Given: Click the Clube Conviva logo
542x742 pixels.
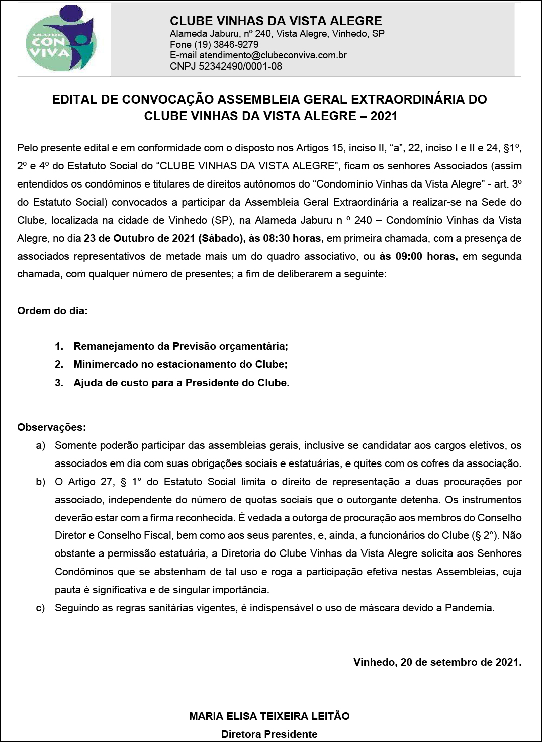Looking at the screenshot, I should pos(61,39).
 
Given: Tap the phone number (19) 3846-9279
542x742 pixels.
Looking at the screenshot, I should pos(226,44).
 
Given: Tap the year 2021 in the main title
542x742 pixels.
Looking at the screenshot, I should pos(384,116).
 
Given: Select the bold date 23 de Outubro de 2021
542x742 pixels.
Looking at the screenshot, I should pos(140,238).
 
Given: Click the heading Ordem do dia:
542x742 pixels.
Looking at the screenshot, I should pos(52,311).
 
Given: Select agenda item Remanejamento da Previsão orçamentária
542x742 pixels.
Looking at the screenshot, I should pos(180,346).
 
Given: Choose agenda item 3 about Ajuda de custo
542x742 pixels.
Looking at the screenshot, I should pos(181,383).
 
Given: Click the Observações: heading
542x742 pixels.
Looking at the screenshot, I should pos(51,427).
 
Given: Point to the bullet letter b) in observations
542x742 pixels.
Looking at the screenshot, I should pos(40,482).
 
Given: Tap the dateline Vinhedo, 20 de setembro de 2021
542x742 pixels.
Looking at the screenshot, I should pos(437,662).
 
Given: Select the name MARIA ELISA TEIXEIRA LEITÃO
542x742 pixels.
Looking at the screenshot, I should pos(269,716).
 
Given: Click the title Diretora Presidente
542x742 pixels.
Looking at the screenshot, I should pos(269,734).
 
